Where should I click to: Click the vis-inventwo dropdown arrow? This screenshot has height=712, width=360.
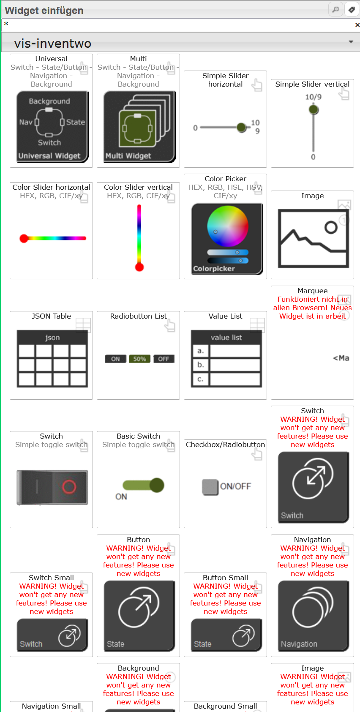[x=351, y=42]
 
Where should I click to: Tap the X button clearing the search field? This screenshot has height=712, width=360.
[x=357, y=25]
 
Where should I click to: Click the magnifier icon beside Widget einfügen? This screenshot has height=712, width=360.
[x=335, y=10]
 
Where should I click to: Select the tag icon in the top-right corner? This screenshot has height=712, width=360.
[x=352, y=10]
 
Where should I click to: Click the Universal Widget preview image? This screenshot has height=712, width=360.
[x=52, y=127]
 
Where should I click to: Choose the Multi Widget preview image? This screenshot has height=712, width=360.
[x=139, y=127]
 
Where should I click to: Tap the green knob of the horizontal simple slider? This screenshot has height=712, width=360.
[x=242, y=128]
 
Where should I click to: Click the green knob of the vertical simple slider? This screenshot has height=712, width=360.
[x=314, y=110]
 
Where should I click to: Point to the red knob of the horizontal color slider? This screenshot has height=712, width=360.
[x=24, y=238]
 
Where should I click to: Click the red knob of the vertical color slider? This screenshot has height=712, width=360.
[x=139, y=267]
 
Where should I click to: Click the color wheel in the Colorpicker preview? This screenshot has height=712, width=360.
[x=227, y=226]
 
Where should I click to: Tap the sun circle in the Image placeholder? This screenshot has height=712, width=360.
[x=331, y=227]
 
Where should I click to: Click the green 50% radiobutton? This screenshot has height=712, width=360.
[x=139, y=359]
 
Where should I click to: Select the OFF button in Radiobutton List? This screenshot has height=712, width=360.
[x=164, y=359]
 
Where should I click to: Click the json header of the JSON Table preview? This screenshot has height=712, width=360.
[x=52, y=337]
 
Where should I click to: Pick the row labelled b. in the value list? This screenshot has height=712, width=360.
[x=226, y=365]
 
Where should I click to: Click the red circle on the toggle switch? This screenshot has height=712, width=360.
[x=69, y=487]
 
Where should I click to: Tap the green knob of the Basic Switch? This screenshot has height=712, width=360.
[x=157, y=485]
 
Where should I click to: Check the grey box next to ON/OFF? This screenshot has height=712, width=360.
[x=210, y=487]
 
